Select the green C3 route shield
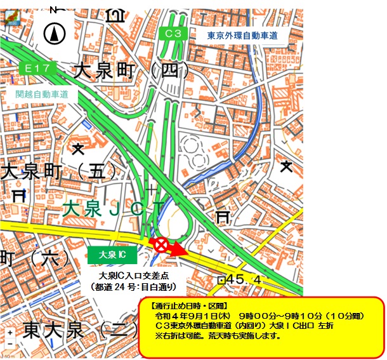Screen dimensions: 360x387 (173, 34)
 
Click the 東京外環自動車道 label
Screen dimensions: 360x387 (243, 36)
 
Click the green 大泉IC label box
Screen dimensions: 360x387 (109, 255)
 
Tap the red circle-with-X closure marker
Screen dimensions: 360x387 (161, 244)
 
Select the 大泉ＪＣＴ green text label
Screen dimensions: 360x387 (115, 208)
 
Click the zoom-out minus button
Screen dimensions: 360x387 (10, 344)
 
